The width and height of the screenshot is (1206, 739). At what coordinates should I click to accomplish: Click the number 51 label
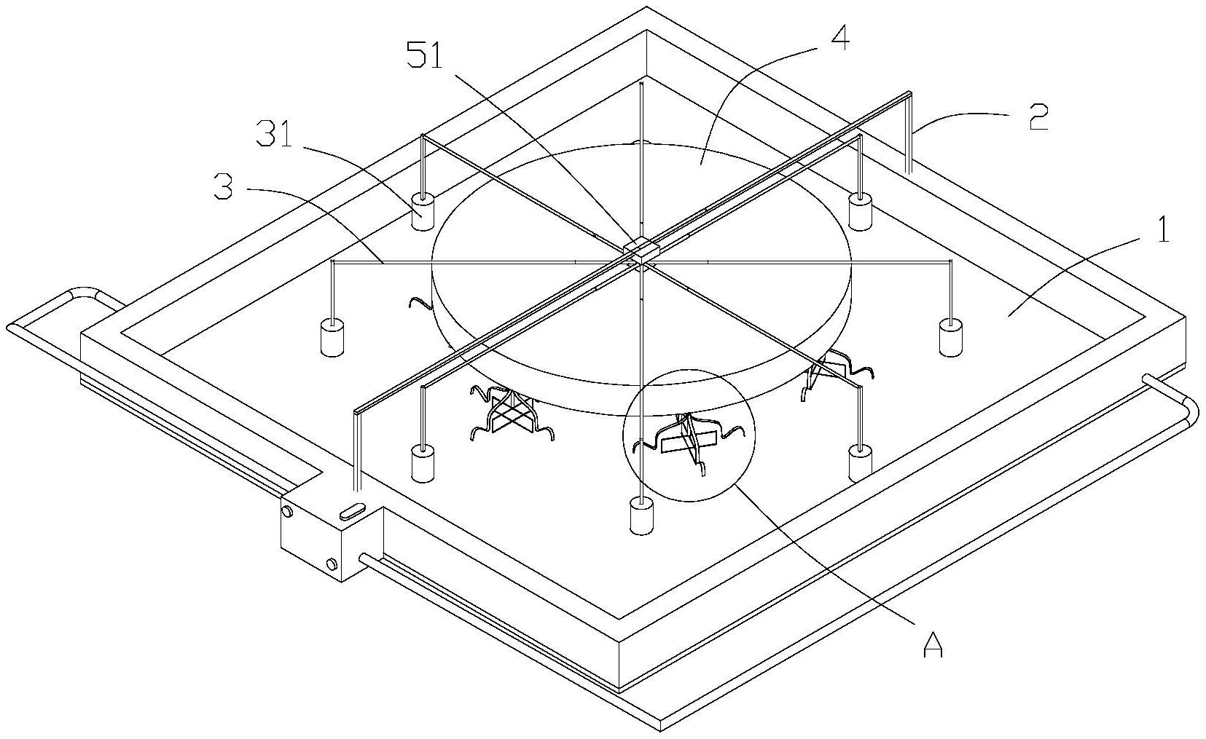pos(424,55)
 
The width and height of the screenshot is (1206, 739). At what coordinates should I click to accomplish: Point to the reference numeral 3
pos(224,186)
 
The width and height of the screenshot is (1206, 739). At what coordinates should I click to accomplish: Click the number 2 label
pos(1038,118)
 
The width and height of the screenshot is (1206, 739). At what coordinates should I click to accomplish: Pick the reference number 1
pos(1164,229)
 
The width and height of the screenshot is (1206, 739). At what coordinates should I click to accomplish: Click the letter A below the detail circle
pos(933,644)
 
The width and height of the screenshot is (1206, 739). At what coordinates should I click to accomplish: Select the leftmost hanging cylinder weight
pos(332,337)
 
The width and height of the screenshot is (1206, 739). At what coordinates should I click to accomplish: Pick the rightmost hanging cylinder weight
pos(950,337)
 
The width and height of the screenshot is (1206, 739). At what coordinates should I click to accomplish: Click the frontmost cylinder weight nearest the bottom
pos(641,515)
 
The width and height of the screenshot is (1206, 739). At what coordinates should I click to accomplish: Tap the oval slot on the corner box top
pos(352,510)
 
